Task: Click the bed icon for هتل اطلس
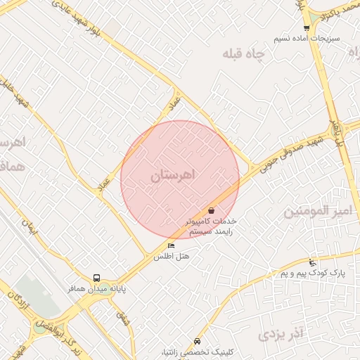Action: coord(172,245)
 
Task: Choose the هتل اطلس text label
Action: coord(172,257)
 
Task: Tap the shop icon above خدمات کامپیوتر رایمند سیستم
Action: coord(212,210)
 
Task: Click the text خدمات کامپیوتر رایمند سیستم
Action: coord(211,226)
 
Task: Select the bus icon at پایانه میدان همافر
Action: coord(96,278)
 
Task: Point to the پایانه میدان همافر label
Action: coord(96,289)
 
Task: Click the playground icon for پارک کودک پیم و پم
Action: coord(313,262)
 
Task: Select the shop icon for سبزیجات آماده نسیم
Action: coord(306,27)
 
